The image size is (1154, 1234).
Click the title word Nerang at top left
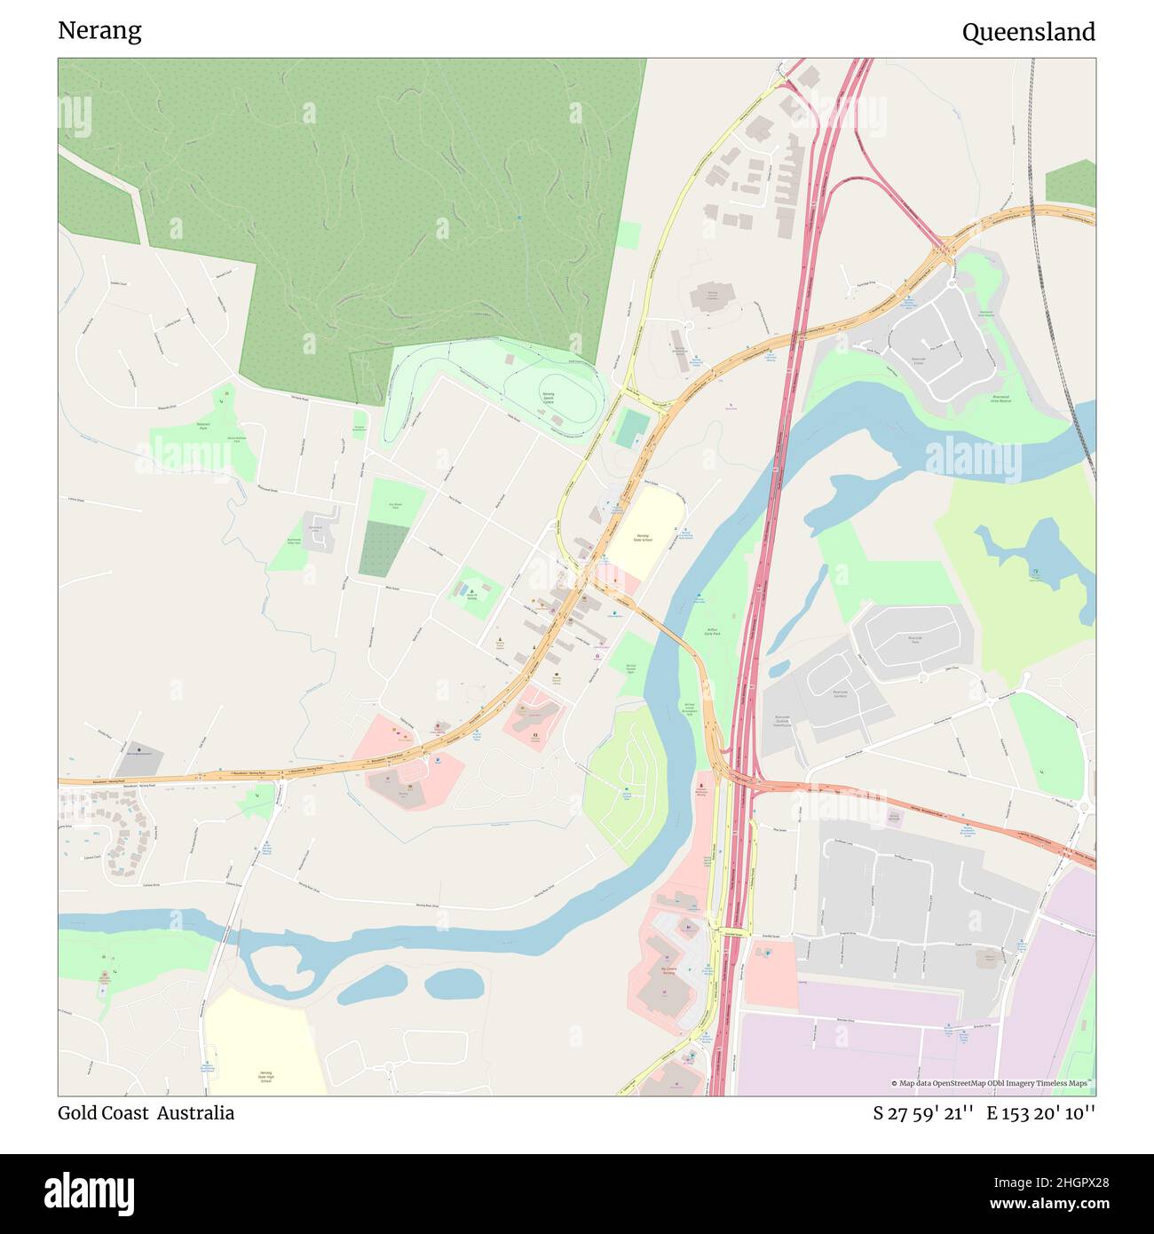click(99, 31)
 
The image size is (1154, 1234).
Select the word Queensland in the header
click(1028, 33)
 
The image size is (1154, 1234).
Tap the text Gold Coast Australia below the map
click(146, 1113)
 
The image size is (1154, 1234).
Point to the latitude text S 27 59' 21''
click(923, 1113)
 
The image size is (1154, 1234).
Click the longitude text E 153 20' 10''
click(1041, 1113)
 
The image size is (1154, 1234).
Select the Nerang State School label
click(644, 538)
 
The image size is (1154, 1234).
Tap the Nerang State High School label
click(265, 1076)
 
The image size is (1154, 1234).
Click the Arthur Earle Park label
click(711, 631)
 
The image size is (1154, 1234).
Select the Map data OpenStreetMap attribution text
click(992, 1083)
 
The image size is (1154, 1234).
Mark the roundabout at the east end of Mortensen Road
click(1084, 807)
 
